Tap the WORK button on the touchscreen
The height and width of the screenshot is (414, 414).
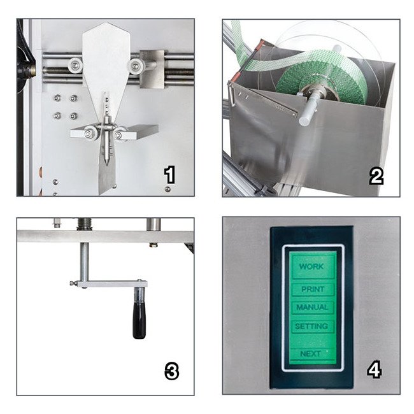pos(312,266)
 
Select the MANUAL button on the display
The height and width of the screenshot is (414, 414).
pos(312,307)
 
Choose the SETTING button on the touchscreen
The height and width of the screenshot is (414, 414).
pos(312,326)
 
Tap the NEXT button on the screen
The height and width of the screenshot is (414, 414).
pos(311,353)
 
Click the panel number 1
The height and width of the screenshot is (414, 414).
pos(169,175)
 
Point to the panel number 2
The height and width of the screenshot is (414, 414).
pos(376,176)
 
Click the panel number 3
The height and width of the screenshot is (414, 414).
pos(171,371)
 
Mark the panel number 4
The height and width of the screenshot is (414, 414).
pos(375,369)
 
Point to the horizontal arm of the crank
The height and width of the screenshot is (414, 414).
pos(110,284)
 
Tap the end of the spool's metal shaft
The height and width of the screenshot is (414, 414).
pos(305,120)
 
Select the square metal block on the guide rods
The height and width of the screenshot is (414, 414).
pos(151,69)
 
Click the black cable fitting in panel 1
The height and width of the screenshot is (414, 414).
pos(25,69)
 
